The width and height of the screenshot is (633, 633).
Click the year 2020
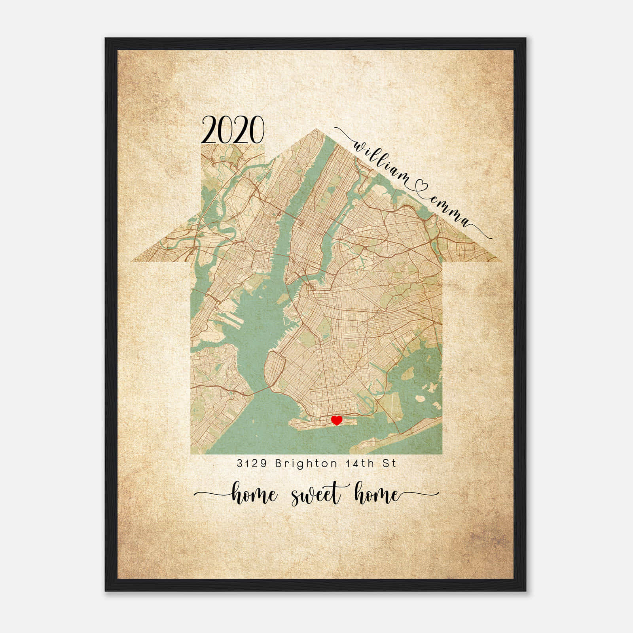tap(233, 129)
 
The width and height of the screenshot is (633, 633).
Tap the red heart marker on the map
tap(336, 420)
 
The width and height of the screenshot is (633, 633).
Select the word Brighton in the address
tap(306, 463)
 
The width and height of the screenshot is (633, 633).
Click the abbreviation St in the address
tap(389, 463)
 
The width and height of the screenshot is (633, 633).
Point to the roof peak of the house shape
tap(316, 130)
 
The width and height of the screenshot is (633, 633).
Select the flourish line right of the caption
tap(421, 493)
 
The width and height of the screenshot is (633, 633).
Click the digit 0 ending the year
tap(256, 129)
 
